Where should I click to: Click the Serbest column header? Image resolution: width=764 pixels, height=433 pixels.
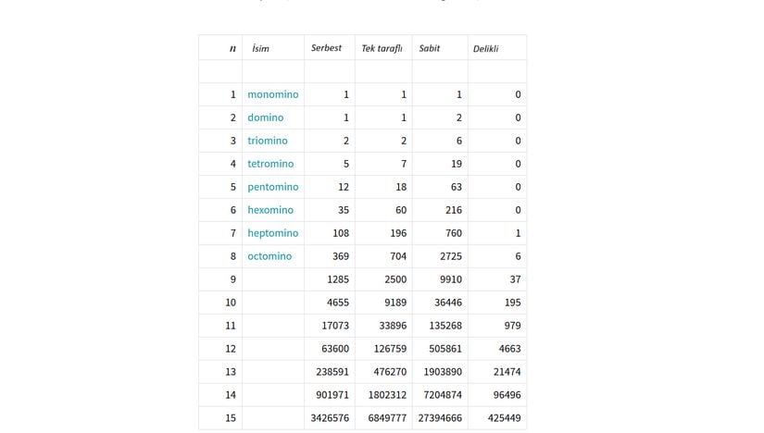pos(327,48)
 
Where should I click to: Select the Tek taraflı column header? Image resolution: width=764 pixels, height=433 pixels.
pos(382,48)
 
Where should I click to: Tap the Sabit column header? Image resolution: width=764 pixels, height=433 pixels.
pos(429,48)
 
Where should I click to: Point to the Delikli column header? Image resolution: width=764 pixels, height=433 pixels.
pos(485,48)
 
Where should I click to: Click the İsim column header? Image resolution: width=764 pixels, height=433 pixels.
pos(260,48)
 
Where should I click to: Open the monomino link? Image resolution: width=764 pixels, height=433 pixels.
pos(272,94)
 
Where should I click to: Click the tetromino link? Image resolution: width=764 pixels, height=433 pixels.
pos(270,164)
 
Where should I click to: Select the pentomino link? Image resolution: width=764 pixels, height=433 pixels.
pos(272,187)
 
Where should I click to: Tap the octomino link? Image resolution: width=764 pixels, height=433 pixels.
pos(269,256)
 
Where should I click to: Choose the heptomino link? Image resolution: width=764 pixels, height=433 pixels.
pos(272,233)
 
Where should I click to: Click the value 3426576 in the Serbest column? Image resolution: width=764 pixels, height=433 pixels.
pos(330,418)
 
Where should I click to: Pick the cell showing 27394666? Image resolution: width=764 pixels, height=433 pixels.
pos(440,418)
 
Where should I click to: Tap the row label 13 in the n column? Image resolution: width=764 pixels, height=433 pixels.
pos(231,372)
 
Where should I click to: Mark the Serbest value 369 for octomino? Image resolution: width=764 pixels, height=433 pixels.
pos(341,256)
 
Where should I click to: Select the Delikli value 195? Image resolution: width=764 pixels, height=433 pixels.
pos(511,303)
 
